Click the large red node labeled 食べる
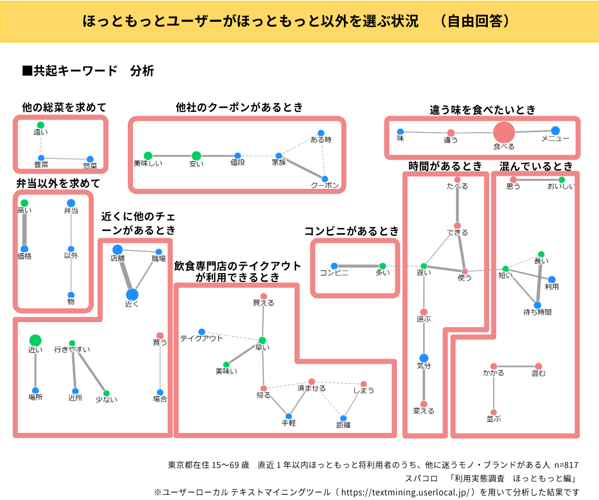coord(503,132)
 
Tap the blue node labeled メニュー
coord(555,130)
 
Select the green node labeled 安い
coord(196,156)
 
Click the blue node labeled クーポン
coord(325,178)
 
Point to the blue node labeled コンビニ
coord(334,266)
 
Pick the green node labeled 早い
coord(262,340)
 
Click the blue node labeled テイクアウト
coord(202,331)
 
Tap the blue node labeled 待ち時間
coord(537,305)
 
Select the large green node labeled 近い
coord(35,341)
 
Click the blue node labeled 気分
coord(423,357)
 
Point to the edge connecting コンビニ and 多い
coord(358,266)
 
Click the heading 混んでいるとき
coord(536,166)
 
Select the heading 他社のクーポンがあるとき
coord(239,108)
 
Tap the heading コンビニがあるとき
coord(351,230)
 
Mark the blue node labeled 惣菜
coord(90,159)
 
